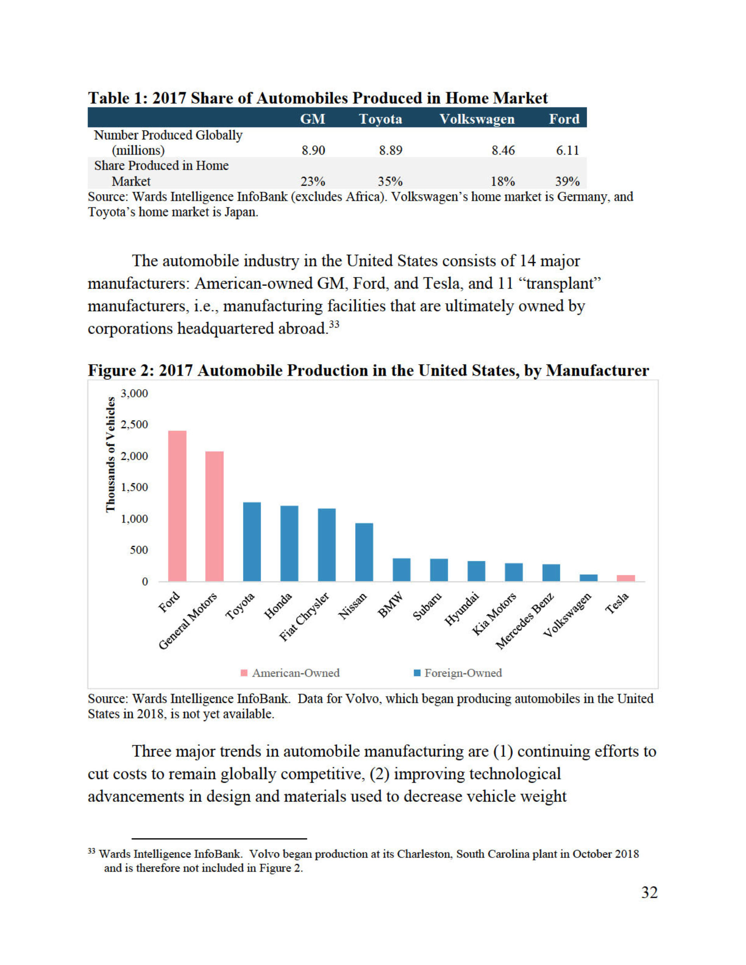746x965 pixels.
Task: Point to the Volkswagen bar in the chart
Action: pos(589,577)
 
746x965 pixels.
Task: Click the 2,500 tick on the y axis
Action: pos(134,424)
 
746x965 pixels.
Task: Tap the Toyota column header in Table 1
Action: pos(380,119)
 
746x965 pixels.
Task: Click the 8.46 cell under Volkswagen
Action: pos(503,151)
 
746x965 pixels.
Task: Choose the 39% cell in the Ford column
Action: pos(567,182)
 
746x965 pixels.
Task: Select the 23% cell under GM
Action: pos(313,182)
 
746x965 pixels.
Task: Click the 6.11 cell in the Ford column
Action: pos(567,151)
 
